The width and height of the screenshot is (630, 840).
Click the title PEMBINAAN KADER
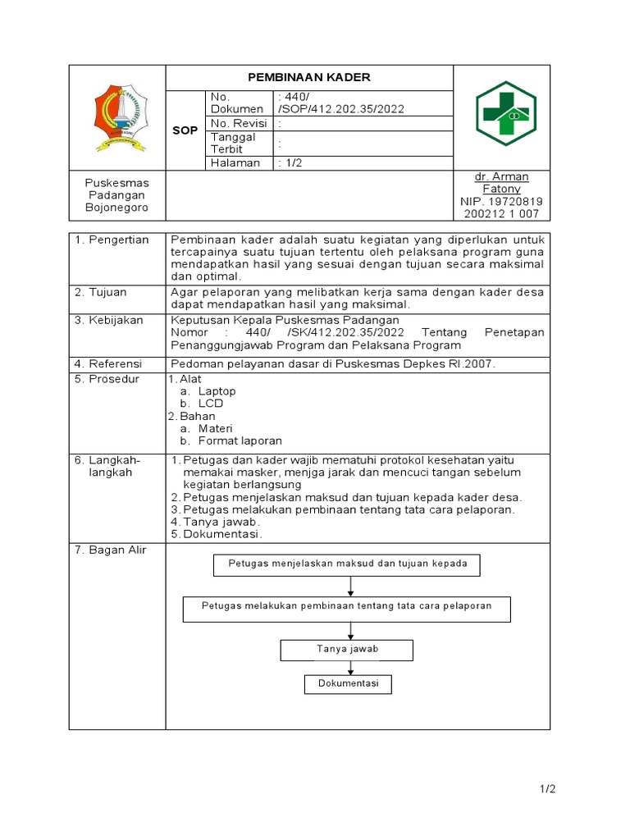pos(309,77)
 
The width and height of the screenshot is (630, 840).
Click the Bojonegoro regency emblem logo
pos(117,117)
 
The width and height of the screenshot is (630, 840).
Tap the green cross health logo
pos(505,114)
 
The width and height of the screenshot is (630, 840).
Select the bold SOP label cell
pos(185,130)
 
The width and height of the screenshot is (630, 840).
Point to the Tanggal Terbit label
pos(234,143)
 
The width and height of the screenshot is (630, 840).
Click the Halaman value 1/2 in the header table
pos(290,162)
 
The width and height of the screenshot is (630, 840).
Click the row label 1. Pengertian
pos(112,240)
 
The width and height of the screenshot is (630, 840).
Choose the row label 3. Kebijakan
pos(109,319)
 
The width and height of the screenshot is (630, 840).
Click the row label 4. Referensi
pos(108,363)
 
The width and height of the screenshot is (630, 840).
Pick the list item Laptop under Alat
pos(217,391)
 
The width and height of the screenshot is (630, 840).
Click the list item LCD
pos(210,404)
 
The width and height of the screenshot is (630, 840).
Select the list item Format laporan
pos(240,441)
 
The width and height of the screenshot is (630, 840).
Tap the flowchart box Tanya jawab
pos(347,650)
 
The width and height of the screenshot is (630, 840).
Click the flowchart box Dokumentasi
pos(348,684)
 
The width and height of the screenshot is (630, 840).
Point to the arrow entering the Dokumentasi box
pos(350,669)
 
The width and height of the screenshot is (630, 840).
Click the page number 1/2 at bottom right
pos(547,789)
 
